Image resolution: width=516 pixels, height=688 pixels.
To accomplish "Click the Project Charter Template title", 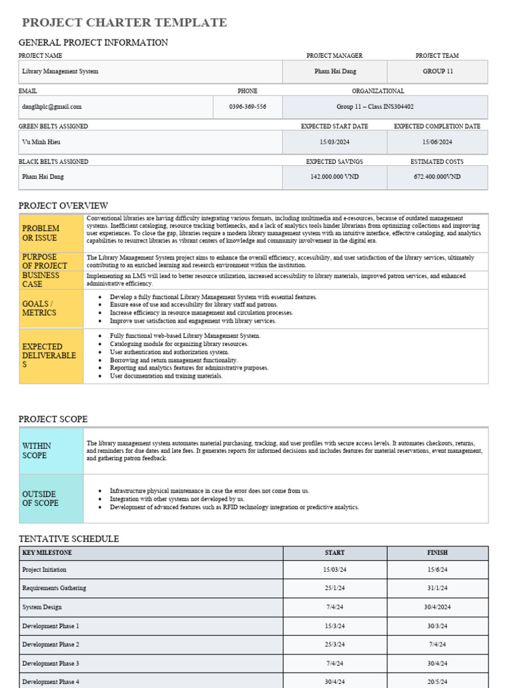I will (x=124, y=23).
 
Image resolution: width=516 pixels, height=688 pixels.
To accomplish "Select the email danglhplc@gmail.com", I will (x=52, y=107).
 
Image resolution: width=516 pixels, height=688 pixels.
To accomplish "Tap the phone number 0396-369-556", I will (x=247, y=107).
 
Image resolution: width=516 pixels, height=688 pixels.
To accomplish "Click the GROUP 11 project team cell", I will (x=437, y=71).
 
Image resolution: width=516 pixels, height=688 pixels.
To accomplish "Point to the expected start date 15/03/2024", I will (x=335, y=142).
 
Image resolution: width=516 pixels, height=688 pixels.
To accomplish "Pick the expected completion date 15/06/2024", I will (x=437, y=142).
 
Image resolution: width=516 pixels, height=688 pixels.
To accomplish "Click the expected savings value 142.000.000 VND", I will (x=335, y=177).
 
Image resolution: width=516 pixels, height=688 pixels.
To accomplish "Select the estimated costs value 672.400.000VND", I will (x=437, y=177).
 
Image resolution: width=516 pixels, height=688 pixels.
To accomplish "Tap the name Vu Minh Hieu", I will (x=41, y=142).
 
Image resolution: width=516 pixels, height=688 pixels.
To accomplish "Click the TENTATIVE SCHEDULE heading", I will (x=69, y=539).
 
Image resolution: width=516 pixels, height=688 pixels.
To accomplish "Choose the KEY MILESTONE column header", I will (x=47, y=553).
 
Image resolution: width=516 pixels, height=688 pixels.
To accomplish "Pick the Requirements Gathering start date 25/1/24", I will (x=335, y=589).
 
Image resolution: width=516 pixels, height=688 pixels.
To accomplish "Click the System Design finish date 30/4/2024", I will (x=437, y=607).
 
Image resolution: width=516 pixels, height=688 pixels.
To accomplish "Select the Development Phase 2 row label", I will (x=50, y=645).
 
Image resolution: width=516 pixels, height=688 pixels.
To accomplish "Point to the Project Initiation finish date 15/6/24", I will (x=437, y=570).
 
